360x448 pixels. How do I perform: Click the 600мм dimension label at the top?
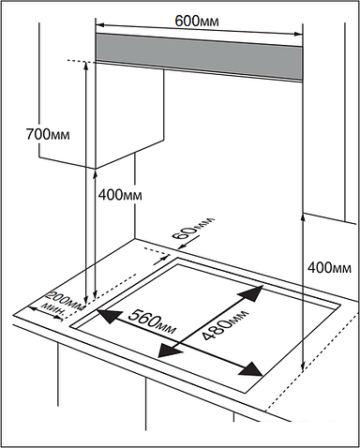pos(197,22)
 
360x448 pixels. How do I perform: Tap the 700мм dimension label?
pos(48,134)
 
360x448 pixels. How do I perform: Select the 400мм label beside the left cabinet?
pos(120,195)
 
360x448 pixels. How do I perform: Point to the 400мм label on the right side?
pos(329,268)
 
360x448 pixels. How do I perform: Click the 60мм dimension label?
pos(193,228)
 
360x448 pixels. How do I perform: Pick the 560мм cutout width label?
pos(152,321)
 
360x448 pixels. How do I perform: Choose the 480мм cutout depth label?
pos(225,325)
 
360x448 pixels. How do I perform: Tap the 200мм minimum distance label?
pos(67,301)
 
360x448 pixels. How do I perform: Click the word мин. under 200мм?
pos(54,309)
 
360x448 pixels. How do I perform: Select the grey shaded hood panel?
pos(199,57)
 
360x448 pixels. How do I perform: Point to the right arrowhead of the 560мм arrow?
pos(250,369)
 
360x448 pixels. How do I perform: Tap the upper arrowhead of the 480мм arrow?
pos(251,293)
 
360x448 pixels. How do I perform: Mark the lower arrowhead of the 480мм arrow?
pos(170,350)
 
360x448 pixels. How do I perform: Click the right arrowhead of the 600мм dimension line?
pos(298,34)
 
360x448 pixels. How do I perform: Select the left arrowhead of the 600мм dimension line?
pos(99,24)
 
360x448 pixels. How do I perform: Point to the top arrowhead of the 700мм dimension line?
pos(85,65)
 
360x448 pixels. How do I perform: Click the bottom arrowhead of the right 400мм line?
pos(303,366)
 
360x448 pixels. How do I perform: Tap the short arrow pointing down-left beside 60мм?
pos(189,243)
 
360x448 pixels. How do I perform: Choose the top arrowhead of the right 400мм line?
pos(303,217)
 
